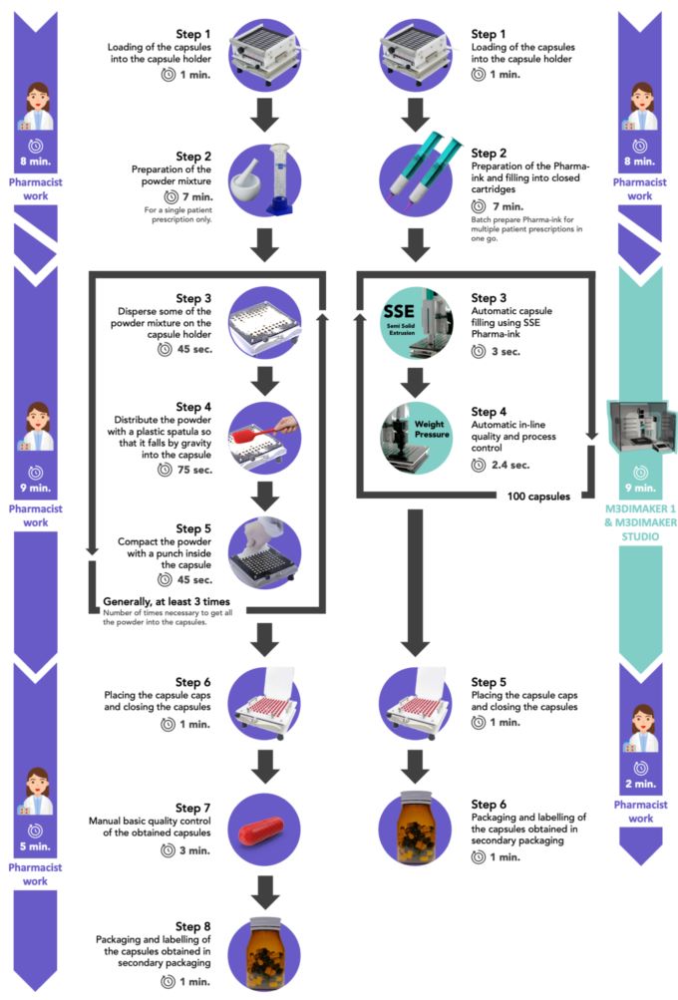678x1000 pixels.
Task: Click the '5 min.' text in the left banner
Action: point(35,850)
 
